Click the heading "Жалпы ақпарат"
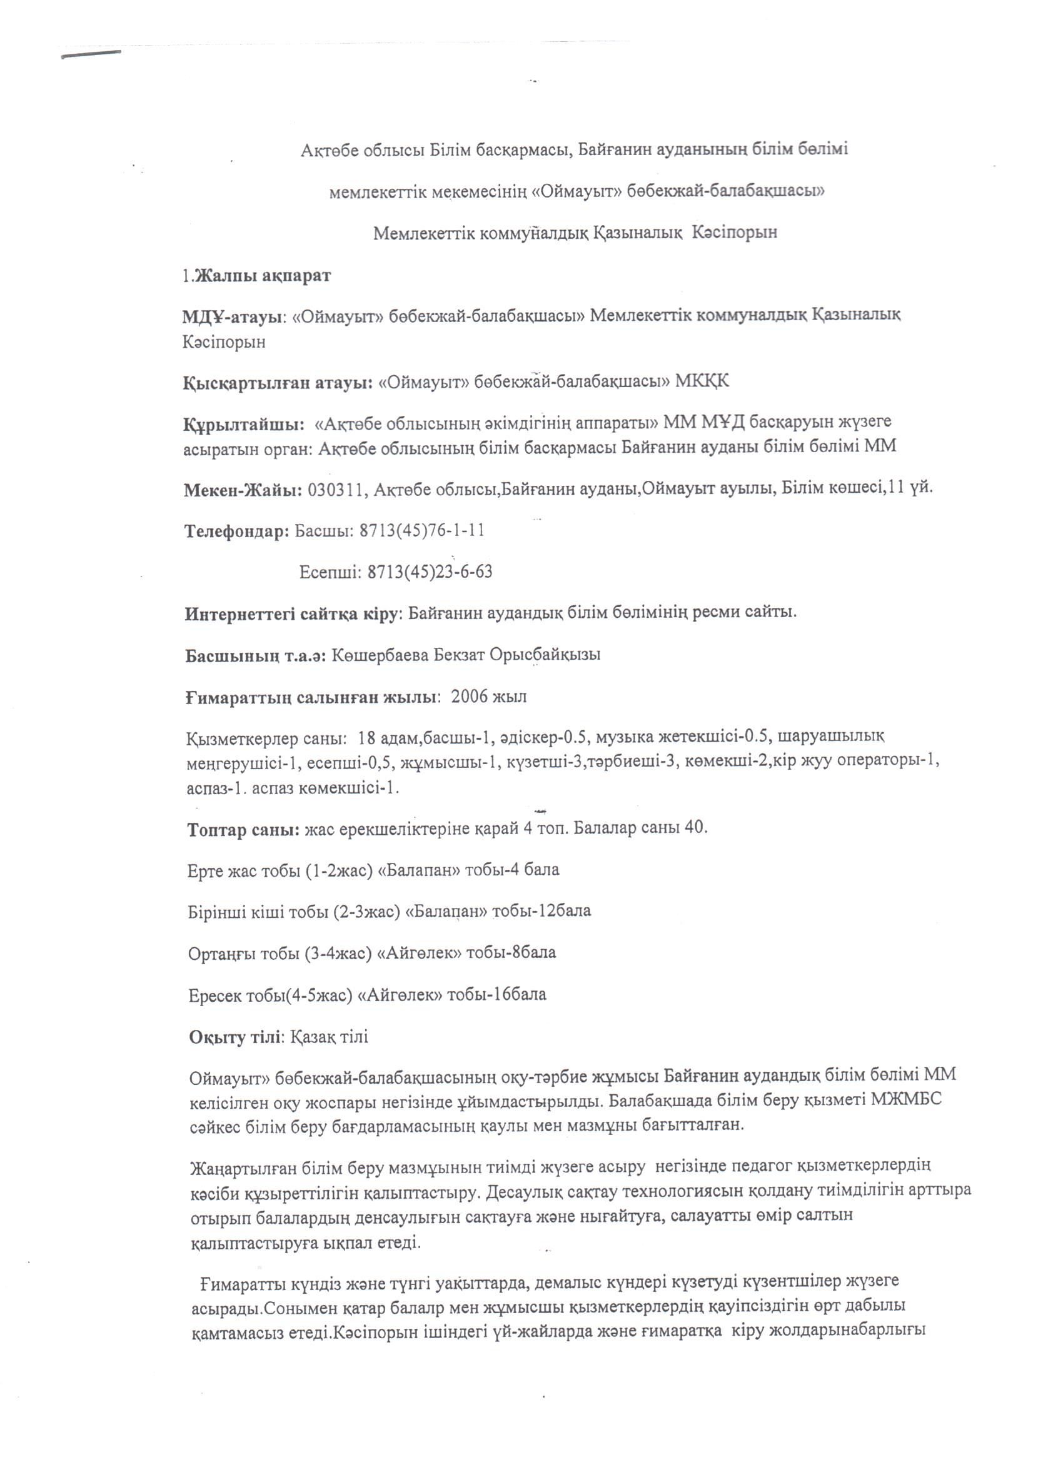(263, 275)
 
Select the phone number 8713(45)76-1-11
(422, 530)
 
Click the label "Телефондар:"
(237, 531)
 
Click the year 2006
(470, 697)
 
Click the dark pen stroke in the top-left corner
(91, 55)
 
